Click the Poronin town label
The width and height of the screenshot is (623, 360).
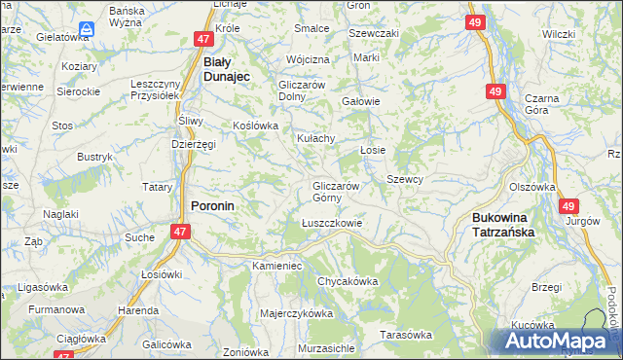tap(211, 206)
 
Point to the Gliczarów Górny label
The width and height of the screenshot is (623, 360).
tap(337, 192)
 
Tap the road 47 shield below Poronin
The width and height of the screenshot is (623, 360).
tap(179, 232)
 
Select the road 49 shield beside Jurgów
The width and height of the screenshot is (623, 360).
tap(569, 206)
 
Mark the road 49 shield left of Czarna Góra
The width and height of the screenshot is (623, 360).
tap(496, 91)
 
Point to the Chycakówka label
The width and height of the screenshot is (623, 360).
tap(347, 281)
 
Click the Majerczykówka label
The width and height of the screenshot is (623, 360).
tap(297, 313)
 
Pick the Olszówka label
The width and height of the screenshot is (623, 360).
tap(531, 187)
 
